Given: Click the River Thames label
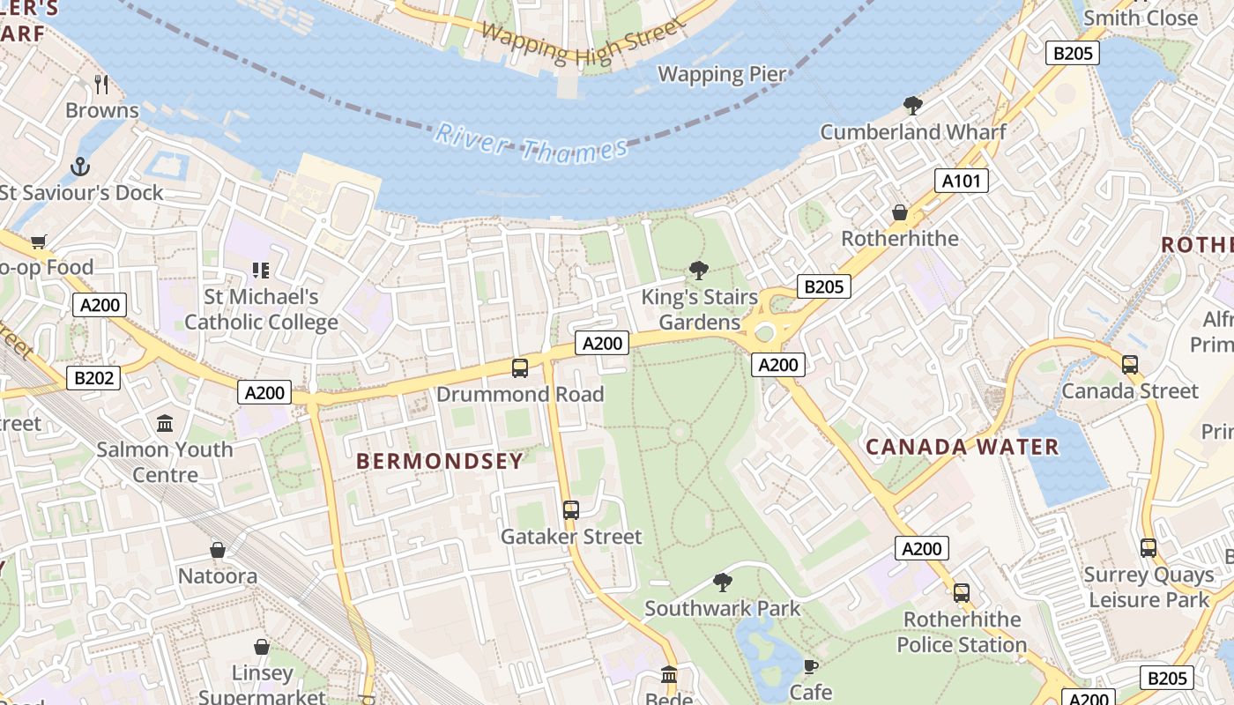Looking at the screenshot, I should click(532, 143).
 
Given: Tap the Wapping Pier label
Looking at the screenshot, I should click(722, 74).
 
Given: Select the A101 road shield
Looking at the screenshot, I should click(961, 181).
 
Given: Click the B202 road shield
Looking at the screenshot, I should click(93, 378).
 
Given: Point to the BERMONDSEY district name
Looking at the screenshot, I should click(440, 460).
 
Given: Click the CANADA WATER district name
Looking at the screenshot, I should click(963, 447).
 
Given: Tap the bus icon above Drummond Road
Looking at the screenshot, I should click(520, 367).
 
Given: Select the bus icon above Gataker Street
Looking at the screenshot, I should click(571, 509).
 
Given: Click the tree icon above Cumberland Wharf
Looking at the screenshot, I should click(913, 106).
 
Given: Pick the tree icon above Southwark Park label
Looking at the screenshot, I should click(723, 582).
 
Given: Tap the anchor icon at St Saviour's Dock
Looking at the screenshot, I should click(80, 166).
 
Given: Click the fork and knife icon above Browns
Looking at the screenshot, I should click(101, 85).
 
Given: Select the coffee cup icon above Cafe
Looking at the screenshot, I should click(810, 665).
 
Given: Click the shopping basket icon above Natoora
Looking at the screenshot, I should click(218, 550).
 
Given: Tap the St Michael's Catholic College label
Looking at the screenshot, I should click(261, 309).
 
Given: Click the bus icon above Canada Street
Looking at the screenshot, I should click(1130, 364).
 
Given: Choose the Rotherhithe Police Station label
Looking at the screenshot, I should click(962, 632).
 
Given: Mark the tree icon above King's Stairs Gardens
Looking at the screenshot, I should click(699, 270).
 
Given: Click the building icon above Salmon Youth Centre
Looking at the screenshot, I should click(165, 423).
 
